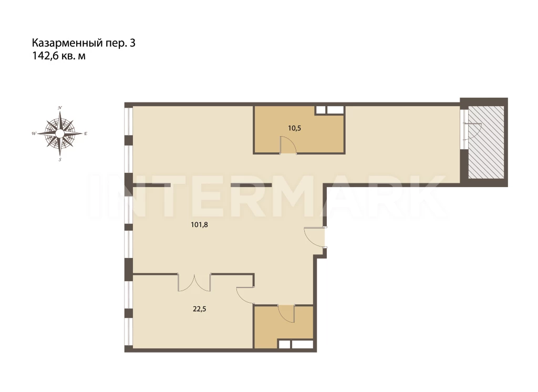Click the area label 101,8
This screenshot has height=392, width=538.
pos(199,225)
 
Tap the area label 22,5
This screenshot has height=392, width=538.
pos(199,309)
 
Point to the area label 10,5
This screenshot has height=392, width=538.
pos(294,128)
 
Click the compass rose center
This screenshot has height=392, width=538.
pos(60,133)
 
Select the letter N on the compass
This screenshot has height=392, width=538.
pos(60,108)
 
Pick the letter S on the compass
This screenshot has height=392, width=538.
pos(60,160)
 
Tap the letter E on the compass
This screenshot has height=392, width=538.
pos(86,133)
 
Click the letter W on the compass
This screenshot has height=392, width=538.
pos(34,133)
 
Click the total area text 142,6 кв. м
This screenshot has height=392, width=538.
pos(59,56)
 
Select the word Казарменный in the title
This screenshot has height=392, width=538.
pos(67,43)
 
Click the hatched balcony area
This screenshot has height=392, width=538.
pos(486,142)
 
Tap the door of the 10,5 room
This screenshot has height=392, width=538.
pos(288,145)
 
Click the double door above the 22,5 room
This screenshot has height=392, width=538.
pos(194,283)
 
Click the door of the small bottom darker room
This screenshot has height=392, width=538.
pos(286,313)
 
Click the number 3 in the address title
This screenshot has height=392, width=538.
pos(132,43)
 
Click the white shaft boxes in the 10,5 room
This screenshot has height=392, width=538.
pos(330,110)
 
